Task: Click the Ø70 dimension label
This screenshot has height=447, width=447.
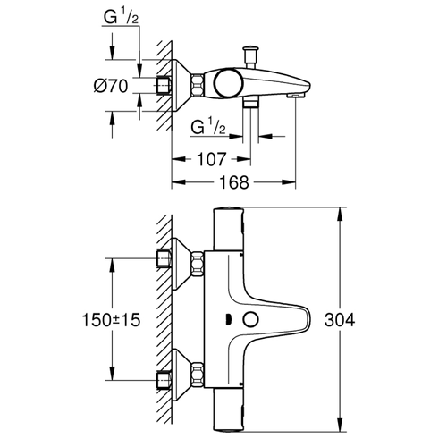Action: [111, 86]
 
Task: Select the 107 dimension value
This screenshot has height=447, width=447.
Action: [212, 159]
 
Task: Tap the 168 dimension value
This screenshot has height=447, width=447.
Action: [234, 182]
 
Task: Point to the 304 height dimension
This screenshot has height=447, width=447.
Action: [340, 320]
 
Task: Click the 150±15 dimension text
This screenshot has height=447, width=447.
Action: [111, 320]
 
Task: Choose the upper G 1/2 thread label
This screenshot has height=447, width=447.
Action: [121, 16]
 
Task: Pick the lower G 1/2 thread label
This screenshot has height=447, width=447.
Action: [208, 127]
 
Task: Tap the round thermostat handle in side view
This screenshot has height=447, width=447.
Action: [229, 83]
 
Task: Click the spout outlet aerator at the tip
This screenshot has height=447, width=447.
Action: [295, 96]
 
